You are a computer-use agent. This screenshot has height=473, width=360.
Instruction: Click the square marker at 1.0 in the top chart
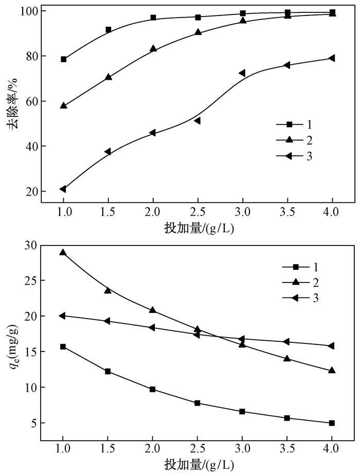pos(63,59)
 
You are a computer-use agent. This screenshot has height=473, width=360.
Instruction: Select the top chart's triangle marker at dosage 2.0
pos(153,48)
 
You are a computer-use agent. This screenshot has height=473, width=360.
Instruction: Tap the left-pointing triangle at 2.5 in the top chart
pos(197,120)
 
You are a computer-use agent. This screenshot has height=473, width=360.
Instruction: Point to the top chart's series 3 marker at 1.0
pos(63,189)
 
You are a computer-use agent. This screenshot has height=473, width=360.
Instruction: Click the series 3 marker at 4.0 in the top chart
pos(332,58)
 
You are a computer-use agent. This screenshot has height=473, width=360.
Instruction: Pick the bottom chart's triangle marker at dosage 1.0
pos(63,252)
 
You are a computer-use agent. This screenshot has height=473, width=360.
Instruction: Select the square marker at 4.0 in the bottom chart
pos(332,423)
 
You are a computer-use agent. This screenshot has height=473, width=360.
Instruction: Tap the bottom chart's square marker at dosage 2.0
pos(153,389)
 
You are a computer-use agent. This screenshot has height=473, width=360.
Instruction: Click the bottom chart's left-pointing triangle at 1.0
pos(62,316)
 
